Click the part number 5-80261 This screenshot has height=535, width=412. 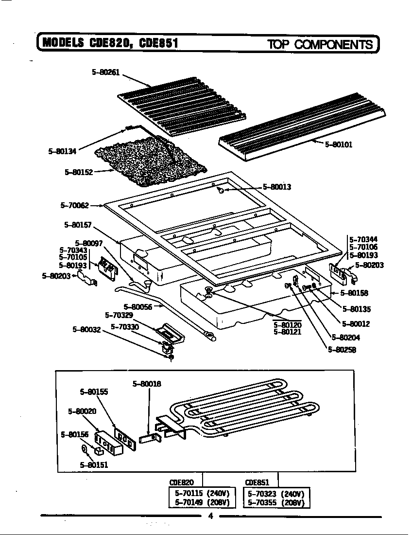pyautogui.click(x=105, y=72)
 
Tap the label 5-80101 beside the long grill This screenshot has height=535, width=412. pyautogui.click(x=338, y=144)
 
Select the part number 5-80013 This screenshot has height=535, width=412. pyautogui.click(x=276, y=187)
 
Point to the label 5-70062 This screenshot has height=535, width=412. pyautogui.click(x=74, y=206)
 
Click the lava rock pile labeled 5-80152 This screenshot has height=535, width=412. pyautogui.click(x=151, y=163)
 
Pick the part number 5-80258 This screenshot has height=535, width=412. pyautogui.click(x=342, y=349)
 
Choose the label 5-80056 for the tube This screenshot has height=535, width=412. pyautogui.click(x=137, y=307)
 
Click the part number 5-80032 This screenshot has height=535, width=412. pyautogui.click(x=86, y=329)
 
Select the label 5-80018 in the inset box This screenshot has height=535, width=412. pyautogui.click(x=147, y=384)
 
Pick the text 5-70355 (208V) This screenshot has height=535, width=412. pyautogui.click(x=275, y=502)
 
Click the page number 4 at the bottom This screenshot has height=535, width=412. pyautogui.click(x=210, y=517)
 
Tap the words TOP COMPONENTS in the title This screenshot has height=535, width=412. pyautogui.click(x=320, y=45)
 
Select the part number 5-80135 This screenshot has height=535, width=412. pyautogui.click(x=356, y=309)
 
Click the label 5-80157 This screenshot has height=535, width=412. pyautogui.click(x=78, y=225)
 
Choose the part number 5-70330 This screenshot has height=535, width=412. pyautogui.click(x=125, y=327)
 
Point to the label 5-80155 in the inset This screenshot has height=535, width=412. pyautogui.click(x=94, y=392)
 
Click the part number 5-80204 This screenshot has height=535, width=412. pyautogui.click(x=345, y=338)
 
